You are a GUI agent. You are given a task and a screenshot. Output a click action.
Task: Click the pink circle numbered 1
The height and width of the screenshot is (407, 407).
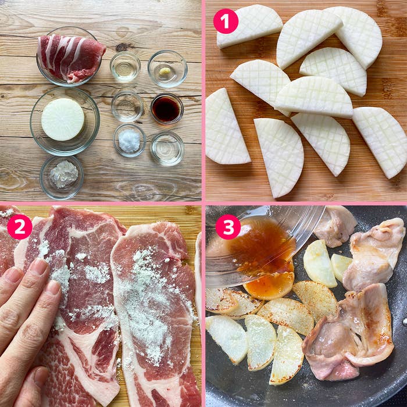click(226, 22)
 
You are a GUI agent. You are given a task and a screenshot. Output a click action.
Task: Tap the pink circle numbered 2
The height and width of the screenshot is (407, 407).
click(20, 227)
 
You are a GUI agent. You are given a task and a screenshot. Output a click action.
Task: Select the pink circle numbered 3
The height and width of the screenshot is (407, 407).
click(228, 227)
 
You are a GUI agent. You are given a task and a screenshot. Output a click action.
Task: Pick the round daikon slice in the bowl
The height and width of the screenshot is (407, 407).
click(63, 119)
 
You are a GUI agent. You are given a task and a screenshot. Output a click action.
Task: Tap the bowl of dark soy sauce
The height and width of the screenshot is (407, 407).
click(167, 109)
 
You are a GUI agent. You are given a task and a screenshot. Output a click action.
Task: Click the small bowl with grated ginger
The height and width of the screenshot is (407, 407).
click(167, 69)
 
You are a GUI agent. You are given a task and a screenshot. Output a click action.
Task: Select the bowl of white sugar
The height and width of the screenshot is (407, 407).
click(129, 141)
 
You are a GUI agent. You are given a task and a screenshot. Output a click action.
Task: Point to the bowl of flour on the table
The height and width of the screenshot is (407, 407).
click(62, 177)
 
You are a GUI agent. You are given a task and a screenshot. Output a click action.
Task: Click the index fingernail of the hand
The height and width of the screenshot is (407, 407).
click(39, 266)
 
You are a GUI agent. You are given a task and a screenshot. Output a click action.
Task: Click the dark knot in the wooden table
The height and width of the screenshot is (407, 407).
click(122, 47)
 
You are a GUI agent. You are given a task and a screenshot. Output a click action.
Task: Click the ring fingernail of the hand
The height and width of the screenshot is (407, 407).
click(12, 274)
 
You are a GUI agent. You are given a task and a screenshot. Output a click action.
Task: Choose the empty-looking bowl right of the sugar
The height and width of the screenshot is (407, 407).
click(167, 148)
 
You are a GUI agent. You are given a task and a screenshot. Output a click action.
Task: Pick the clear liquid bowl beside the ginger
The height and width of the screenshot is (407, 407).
click(125, 66)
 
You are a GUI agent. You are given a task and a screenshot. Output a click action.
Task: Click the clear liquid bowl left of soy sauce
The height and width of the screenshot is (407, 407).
click(127, 106)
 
